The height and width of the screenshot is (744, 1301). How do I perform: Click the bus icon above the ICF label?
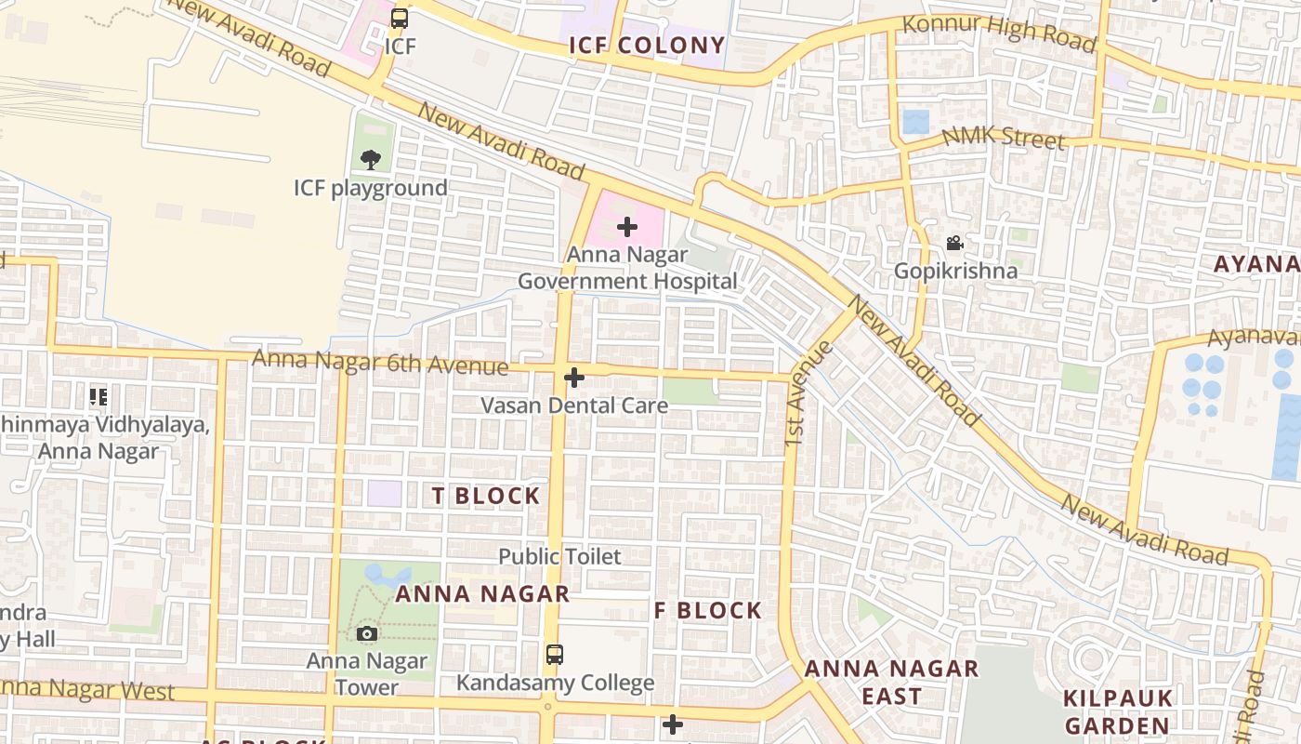[400, 18]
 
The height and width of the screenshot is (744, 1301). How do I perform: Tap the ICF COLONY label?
[647, 45]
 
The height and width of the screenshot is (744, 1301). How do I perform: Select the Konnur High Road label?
[999, 33]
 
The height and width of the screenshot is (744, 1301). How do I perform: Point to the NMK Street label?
[1003, 137]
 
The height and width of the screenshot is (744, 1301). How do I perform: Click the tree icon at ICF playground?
[371, 159]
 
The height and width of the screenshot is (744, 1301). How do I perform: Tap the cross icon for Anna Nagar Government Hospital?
[627, 226]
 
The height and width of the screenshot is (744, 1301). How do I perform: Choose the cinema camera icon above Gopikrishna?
[954, 244]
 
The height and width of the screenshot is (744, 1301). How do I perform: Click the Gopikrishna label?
[955, 272]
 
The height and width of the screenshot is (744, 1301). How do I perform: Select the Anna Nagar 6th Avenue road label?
[380, 362]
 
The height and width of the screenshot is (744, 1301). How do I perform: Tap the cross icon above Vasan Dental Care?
[574, 377]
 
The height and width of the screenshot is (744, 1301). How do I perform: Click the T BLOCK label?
[486, 496]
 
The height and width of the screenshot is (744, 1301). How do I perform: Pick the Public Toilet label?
[559, 556]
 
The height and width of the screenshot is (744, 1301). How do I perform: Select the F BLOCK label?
[708, 611]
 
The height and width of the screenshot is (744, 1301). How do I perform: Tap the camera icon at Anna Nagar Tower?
[367, 634]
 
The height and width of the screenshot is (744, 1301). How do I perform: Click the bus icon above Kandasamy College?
[554, 655]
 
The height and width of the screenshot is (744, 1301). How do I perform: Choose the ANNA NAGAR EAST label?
[891, 682]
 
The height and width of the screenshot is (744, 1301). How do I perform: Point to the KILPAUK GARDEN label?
[1117, 711]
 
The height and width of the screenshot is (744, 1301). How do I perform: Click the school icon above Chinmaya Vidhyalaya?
[99, 397]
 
